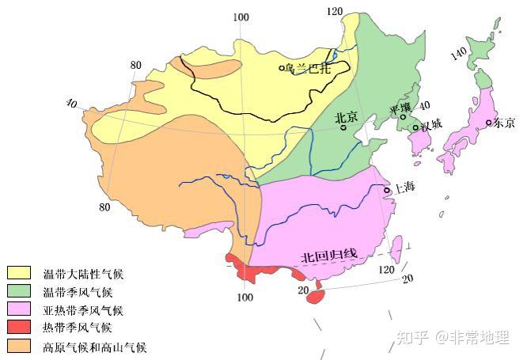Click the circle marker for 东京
click(x=489, y=122)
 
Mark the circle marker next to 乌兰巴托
click(x=282, y=68)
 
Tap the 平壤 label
click(x=401, y=107)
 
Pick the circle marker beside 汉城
click(x=415, y=127)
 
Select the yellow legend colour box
click(x=19, y=273)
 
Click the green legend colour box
click(x=19, y=291)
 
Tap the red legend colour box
click(x=19, y=328)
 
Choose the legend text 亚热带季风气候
click(x=83, y=310)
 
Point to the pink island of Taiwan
click(x=397, y=248)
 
